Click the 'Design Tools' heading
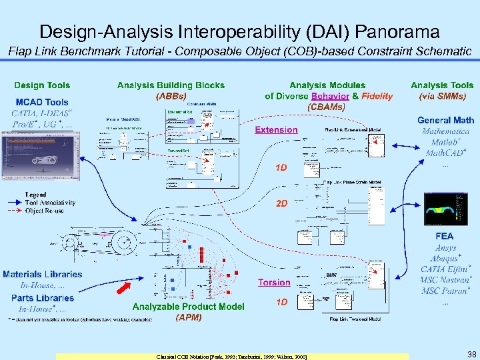(42, 85)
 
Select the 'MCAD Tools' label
(42, 102)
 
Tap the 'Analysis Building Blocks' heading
(171, 85)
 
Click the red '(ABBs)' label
(171, 95)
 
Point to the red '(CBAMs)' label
(327, 106)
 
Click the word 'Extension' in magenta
(276, 130)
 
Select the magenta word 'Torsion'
(274, 283)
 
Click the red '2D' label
(282, 203)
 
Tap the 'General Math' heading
(445, 120)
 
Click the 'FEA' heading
(444, 235)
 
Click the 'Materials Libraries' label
(42, 274)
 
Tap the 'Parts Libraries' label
(42, 298)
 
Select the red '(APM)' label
(188, 317)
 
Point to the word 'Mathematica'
(445, 131)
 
